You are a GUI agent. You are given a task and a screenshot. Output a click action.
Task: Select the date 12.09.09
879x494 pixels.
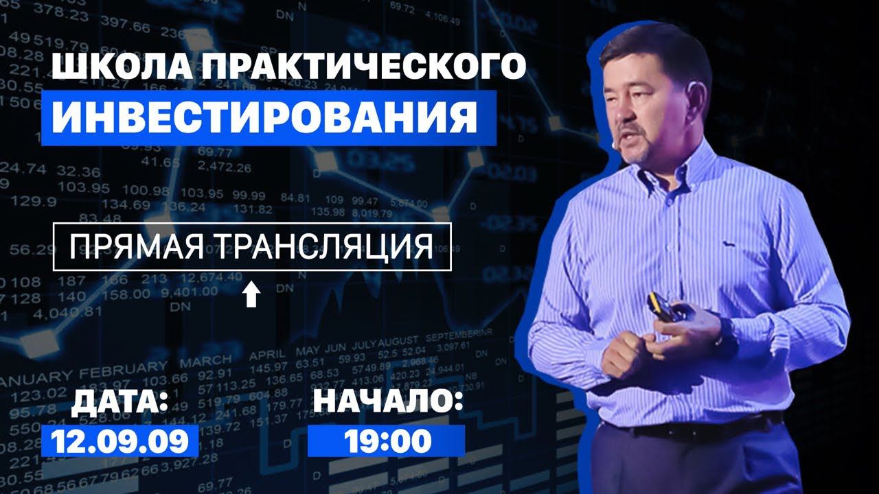pyautogui.click(x=119, y=440)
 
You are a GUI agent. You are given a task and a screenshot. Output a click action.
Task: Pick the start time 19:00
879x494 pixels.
pyautogui.click(x=387, y=440)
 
